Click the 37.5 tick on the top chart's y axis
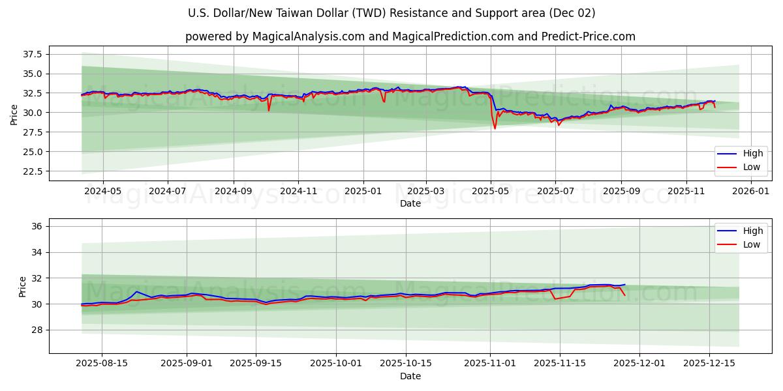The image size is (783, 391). (x=32, y=54)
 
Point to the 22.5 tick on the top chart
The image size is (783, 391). (x=32, y=171)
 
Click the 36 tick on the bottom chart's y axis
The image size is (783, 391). (x=37, y=226)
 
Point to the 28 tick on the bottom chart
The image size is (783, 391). (x=37, y=330)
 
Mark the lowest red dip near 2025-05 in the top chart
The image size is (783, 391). (x=495, y=128)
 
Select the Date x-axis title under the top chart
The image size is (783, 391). (x=410, y=203)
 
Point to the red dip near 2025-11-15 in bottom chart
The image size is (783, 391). (x=555, y=299)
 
